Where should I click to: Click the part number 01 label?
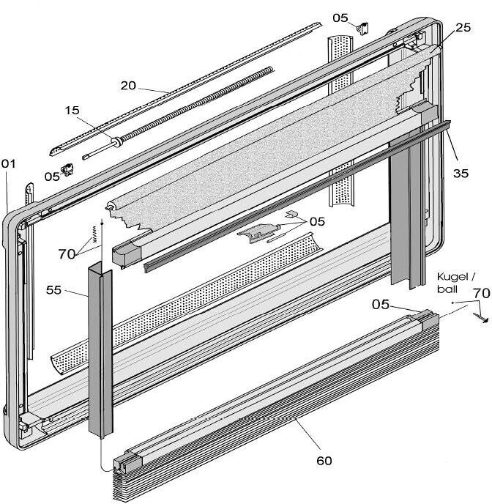click(8, 164)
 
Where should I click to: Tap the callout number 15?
click(72, 110)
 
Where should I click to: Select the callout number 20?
click(128, 86)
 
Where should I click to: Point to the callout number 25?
click(463, 28)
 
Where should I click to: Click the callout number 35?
click(461, 173)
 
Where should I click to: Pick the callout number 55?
click(53, 290)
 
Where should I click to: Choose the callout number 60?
click(324, 461)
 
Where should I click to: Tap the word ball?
click(447, 289)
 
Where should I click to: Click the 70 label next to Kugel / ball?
click(482, 294)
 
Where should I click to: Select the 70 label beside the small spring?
click(67, 254)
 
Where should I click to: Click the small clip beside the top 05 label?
click(363, 28)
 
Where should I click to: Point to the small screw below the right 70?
click(481, 318)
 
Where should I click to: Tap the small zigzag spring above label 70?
click(94, 233)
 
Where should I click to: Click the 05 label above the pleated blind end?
click(381, 305)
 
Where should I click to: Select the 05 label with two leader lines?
click(317, 221)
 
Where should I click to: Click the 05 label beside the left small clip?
click(52, 177)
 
